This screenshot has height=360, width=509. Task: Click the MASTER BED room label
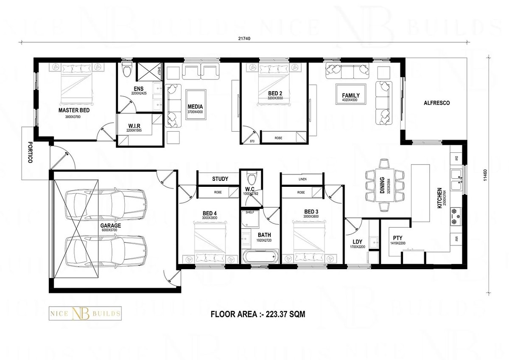74,110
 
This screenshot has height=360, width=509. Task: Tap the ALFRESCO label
436,103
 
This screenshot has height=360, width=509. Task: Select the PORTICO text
30,152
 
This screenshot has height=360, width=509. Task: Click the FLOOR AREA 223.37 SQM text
258,315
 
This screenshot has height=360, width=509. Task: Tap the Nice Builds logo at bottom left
85,314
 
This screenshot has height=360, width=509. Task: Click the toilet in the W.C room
251,176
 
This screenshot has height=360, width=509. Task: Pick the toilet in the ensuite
126,70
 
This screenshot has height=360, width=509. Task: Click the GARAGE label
110,226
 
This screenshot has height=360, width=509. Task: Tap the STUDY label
220,179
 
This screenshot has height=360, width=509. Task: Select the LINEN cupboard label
302,179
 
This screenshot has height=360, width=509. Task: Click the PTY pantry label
397,238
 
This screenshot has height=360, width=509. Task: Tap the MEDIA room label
195,107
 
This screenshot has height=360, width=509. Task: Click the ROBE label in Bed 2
278,138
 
